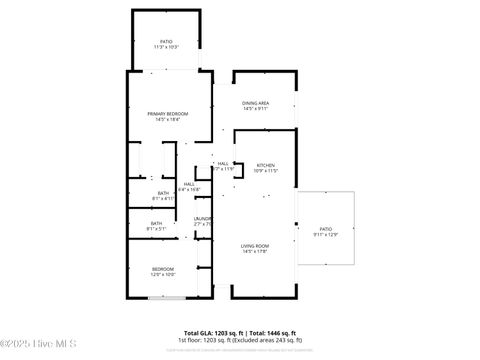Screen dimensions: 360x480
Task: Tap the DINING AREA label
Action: [x=255, y=103]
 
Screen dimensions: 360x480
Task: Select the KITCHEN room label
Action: [x=265, y=165]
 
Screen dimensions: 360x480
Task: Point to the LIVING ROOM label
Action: [x=255, y=246]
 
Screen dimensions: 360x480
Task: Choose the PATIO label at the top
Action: [x=166, y=42]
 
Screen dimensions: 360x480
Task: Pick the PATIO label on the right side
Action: [x=326, y=229]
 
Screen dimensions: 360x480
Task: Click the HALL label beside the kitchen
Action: [x=223, y=164]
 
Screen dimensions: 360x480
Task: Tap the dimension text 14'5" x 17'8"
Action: [x=255, y=252]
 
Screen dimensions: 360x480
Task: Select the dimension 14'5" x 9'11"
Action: [x=255, y=109]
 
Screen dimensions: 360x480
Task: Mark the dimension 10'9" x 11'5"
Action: [x=265, y=171]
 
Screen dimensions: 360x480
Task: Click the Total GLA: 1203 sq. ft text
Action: [x=214, y=332]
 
